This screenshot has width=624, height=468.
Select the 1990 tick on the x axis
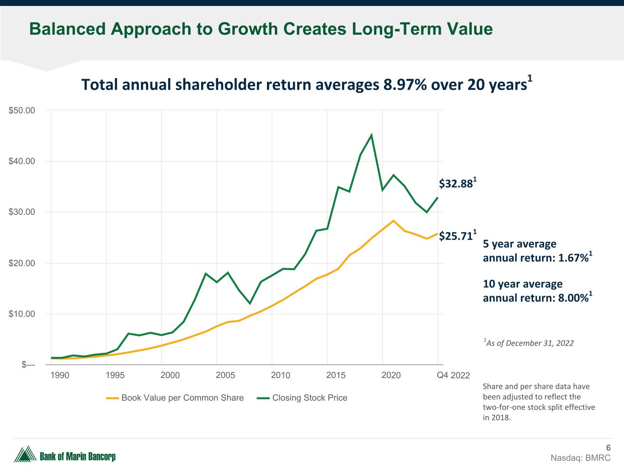pyautogui.click(x=59, y=375)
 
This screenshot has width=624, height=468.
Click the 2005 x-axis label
pyautogui.click(x=225, y=375)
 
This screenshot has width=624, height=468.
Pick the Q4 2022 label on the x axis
pyautogui.click(x=453, y=375)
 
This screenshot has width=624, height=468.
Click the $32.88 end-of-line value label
pyautogui.click(x=455, y=184)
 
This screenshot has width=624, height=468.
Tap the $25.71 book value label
pyautogui.click(x=455, y=236)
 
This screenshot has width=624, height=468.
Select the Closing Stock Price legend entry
pyautogui.click(x=309, y=398)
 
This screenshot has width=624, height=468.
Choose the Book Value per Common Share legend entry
pyautogui.click(x=182, y=398)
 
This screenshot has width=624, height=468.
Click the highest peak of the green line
pyautogui.click(x=371, y=135)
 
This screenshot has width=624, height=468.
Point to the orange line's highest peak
pyautogui.click(x=393, y=221)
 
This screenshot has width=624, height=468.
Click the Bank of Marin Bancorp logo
pyautogui.click(x=65, y=455)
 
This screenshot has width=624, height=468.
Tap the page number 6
pyautogui.click(x=608, y=448)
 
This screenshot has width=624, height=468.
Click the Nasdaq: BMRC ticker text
pyautogui.click(x=580, y=458)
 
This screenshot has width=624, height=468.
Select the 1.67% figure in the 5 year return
pyautogui.click(x=573, y=258)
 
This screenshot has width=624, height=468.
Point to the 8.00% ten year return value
pyautogui.click(x=573, y=298)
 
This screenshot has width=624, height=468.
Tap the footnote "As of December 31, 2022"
pyautogui.click(x=529, y=343)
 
